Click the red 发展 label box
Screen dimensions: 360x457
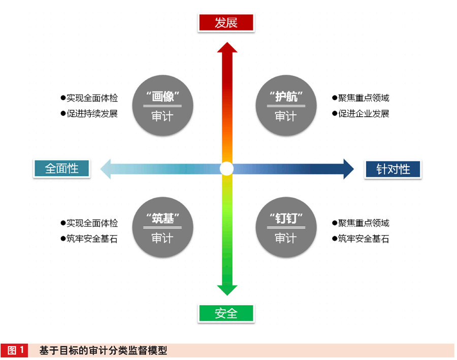click(226, 23)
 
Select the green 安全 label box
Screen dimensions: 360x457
click(226, 313)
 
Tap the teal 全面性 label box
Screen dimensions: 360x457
click(62, 168)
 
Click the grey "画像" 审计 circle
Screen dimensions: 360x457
click(162, 105)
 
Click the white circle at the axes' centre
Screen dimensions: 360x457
click(226, 169)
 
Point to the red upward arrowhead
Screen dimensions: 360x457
click(227, 48)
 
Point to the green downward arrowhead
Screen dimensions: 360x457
click(227, 289)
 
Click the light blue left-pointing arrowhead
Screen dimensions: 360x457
click(106, 169)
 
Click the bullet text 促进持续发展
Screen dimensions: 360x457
click(92, 114)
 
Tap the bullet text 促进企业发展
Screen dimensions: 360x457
click(364, 114)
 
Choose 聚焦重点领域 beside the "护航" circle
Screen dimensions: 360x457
click(364, 98)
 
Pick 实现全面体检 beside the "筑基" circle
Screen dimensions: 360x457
click(92, 223)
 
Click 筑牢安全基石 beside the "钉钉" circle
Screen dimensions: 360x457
click(364, 239)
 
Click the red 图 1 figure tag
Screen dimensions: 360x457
click(16, 350)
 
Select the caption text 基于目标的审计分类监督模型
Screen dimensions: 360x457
click(103, 350)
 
